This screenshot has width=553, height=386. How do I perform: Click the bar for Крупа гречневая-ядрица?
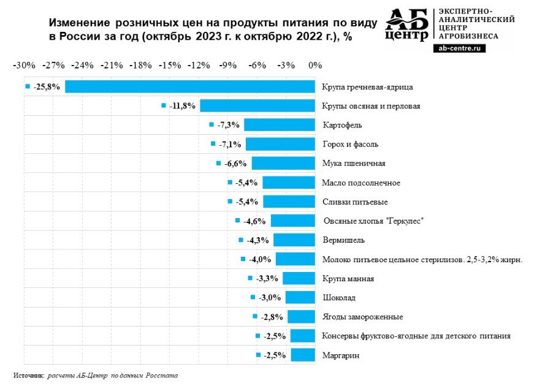pos(190,87)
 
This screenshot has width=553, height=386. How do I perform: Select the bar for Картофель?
pos(279,125)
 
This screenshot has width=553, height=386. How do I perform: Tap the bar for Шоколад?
pos(300,298)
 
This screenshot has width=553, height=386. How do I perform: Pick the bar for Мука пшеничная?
pos(283,164)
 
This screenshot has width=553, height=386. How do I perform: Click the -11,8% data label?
pos(183,106)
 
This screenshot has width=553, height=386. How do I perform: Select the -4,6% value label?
pos(255,221)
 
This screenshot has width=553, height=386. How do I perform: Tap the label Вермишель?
pos(343,240)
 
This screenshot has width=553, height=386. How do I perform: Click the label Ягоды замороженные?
pos(362,317)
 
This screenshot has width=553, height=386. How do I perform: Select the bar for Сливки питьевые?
pos(289,202)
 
